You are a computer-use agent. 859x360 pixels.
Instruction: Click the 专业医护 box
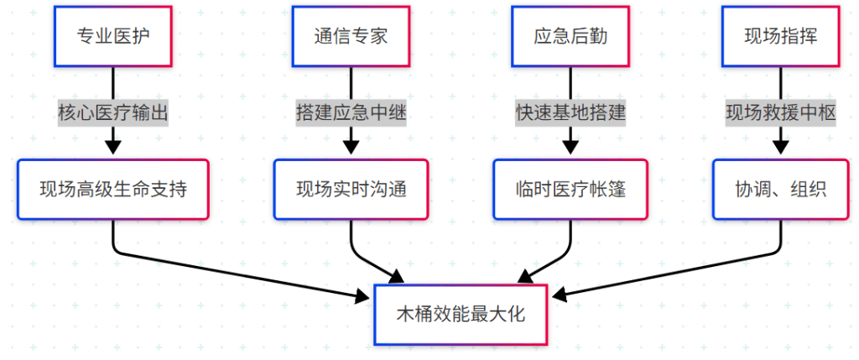112,37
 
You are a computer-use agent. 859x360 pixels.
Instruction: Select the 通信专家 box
351,37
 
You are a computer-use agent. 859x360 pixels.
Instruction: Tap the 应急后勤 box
570,37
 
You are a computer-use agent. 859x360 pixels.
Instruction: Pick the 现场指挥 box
781,37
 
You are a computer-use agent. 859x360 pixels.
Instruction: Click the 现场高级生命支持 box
112,190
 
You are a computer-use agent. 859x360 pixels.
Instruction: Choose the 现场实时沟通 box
351,190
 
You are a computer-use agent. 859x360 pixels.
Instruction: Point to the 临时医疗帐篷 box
570,190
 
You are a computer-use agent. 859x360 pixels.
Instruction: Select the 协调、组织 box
781,190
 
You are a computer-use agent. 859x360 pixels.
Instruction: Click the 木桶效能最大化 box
461,315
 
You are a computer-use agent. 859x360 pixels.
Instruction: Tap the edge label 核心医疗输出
112,113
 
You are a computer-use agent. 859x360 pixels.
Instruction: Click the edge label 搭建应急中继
351,113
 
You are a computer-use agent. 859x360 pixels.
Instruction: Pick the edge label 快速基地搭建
570,113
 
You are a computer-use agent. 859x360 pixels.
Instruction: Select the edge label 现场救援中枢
781,113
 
